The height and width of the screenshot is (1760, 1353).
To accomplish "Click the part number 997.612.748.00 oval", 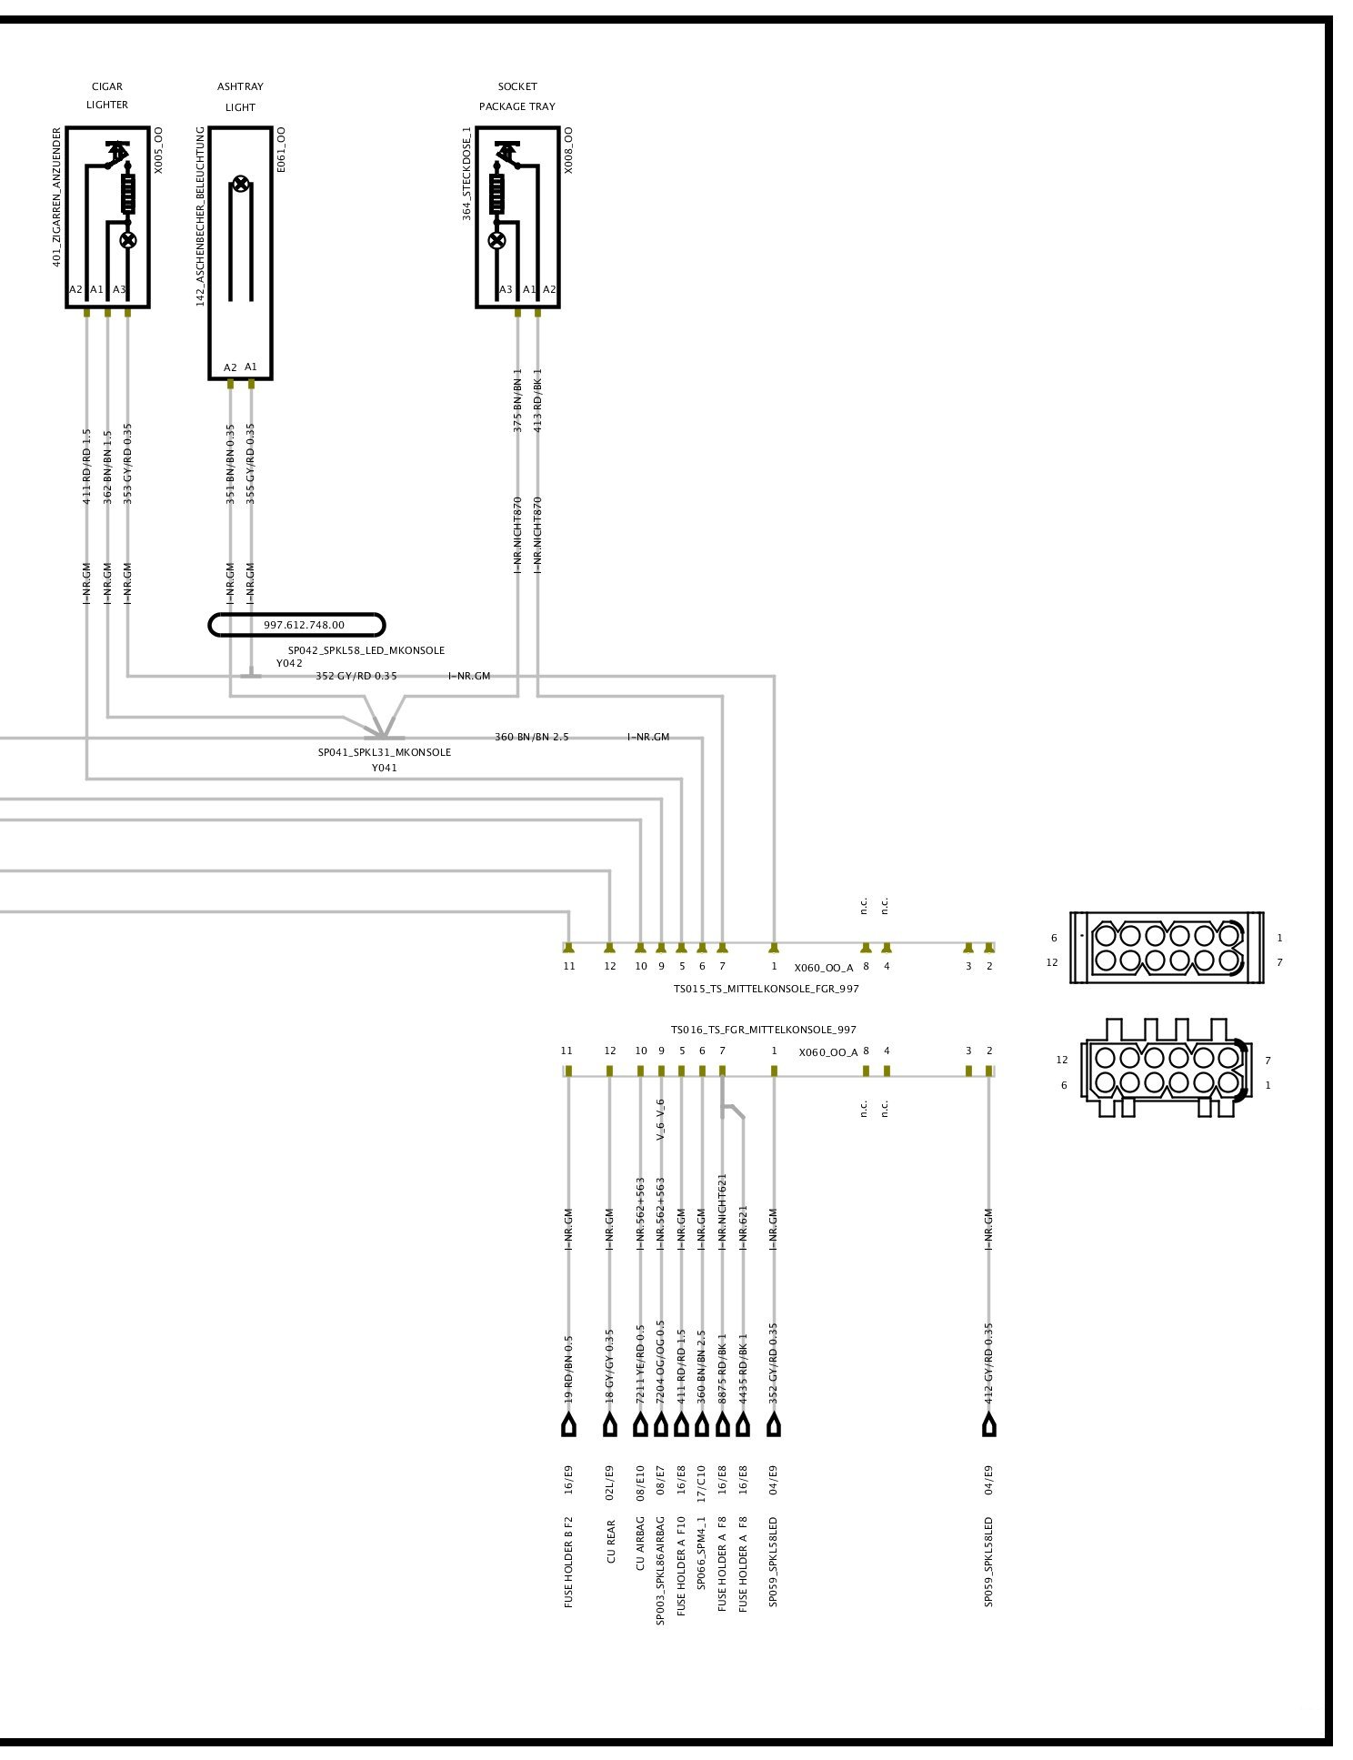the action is (296, 625).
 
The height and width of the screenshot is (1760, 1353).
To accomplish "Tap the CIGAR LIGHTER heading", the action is (107, 96).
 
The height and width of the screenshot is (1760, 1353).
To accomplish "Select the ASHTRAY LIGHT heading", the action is (240, 96).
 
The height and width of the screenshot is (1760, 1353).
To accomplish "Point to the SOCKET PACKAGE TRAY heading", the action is (516, 96).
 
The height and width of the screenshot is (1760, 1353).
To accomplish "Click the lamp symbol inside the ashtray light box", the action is (240, 185).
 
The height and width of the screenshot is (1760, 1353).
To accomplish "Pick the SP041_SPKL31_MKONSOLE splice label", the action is (384, 752).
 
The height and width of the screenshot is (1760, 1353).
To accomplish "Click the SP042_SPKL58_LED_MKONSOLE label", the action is (366, 650).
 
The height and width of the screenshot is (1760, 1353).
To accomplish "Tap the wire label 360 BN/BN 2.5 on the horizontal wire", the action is (531, 737).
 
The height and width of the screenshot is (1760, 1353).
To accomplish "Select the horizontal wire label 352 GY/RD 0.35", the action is (356, 676).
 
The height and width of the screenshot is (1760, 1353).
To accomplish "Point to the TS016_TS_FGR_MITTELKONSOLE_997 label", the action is (763, 1030).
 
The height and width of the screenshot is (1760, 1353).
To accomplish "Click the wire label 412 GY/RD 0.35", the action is (988, 1363).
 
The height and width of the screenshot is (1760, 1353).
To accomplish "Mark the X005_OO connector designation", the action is (158, 150).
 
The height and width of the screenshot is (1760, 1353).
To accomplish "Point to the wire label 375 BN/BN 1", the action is (517, 400).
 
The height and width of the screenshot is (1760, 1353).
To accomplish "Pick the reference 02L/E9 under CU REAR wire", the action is (610, 1480).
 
